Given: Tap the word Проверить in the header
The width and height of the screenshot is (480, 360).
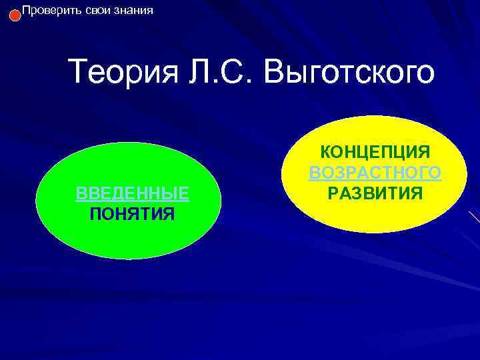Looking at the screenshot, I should click(47, 11).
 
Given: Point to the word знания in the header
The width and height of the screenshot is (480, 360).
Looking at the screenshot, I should click(131, 11).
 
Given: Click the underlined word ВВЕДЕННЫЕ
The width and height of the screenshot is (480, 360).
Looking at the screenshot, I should click(132, 193).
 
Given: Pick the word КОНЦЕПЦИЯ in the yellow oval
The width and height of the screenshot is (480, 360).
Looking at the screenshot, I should click(375, 152).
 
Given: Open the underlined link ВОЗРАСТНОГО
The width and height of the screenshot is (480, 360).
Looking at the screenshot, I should click(375, 173).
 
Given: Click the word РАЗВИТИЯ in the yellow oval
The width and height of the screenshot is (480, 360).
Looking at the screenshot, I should click(375, 193).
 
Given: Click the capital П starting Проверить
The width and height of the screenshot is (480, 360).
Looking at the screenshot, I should click(27, 11).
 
